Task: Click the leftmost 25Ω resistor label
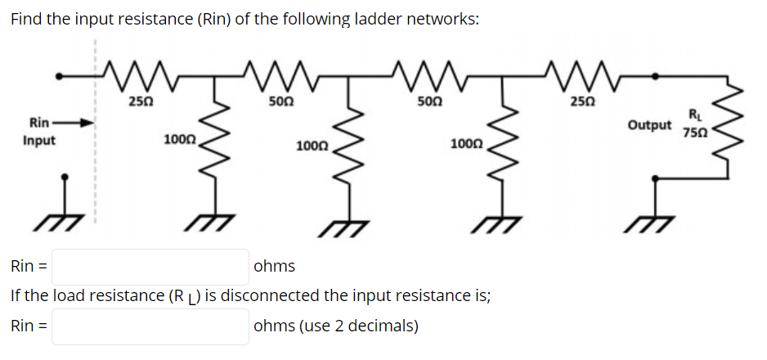coord(141,102)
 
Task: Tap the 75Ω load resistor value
coord(693,133)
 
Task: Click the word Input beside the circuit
coord(38,140)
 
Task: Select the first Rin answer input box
coord(150,267)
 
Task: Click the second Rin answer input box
coord(150,326)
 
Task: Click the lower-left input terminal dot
coord(69,176)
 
